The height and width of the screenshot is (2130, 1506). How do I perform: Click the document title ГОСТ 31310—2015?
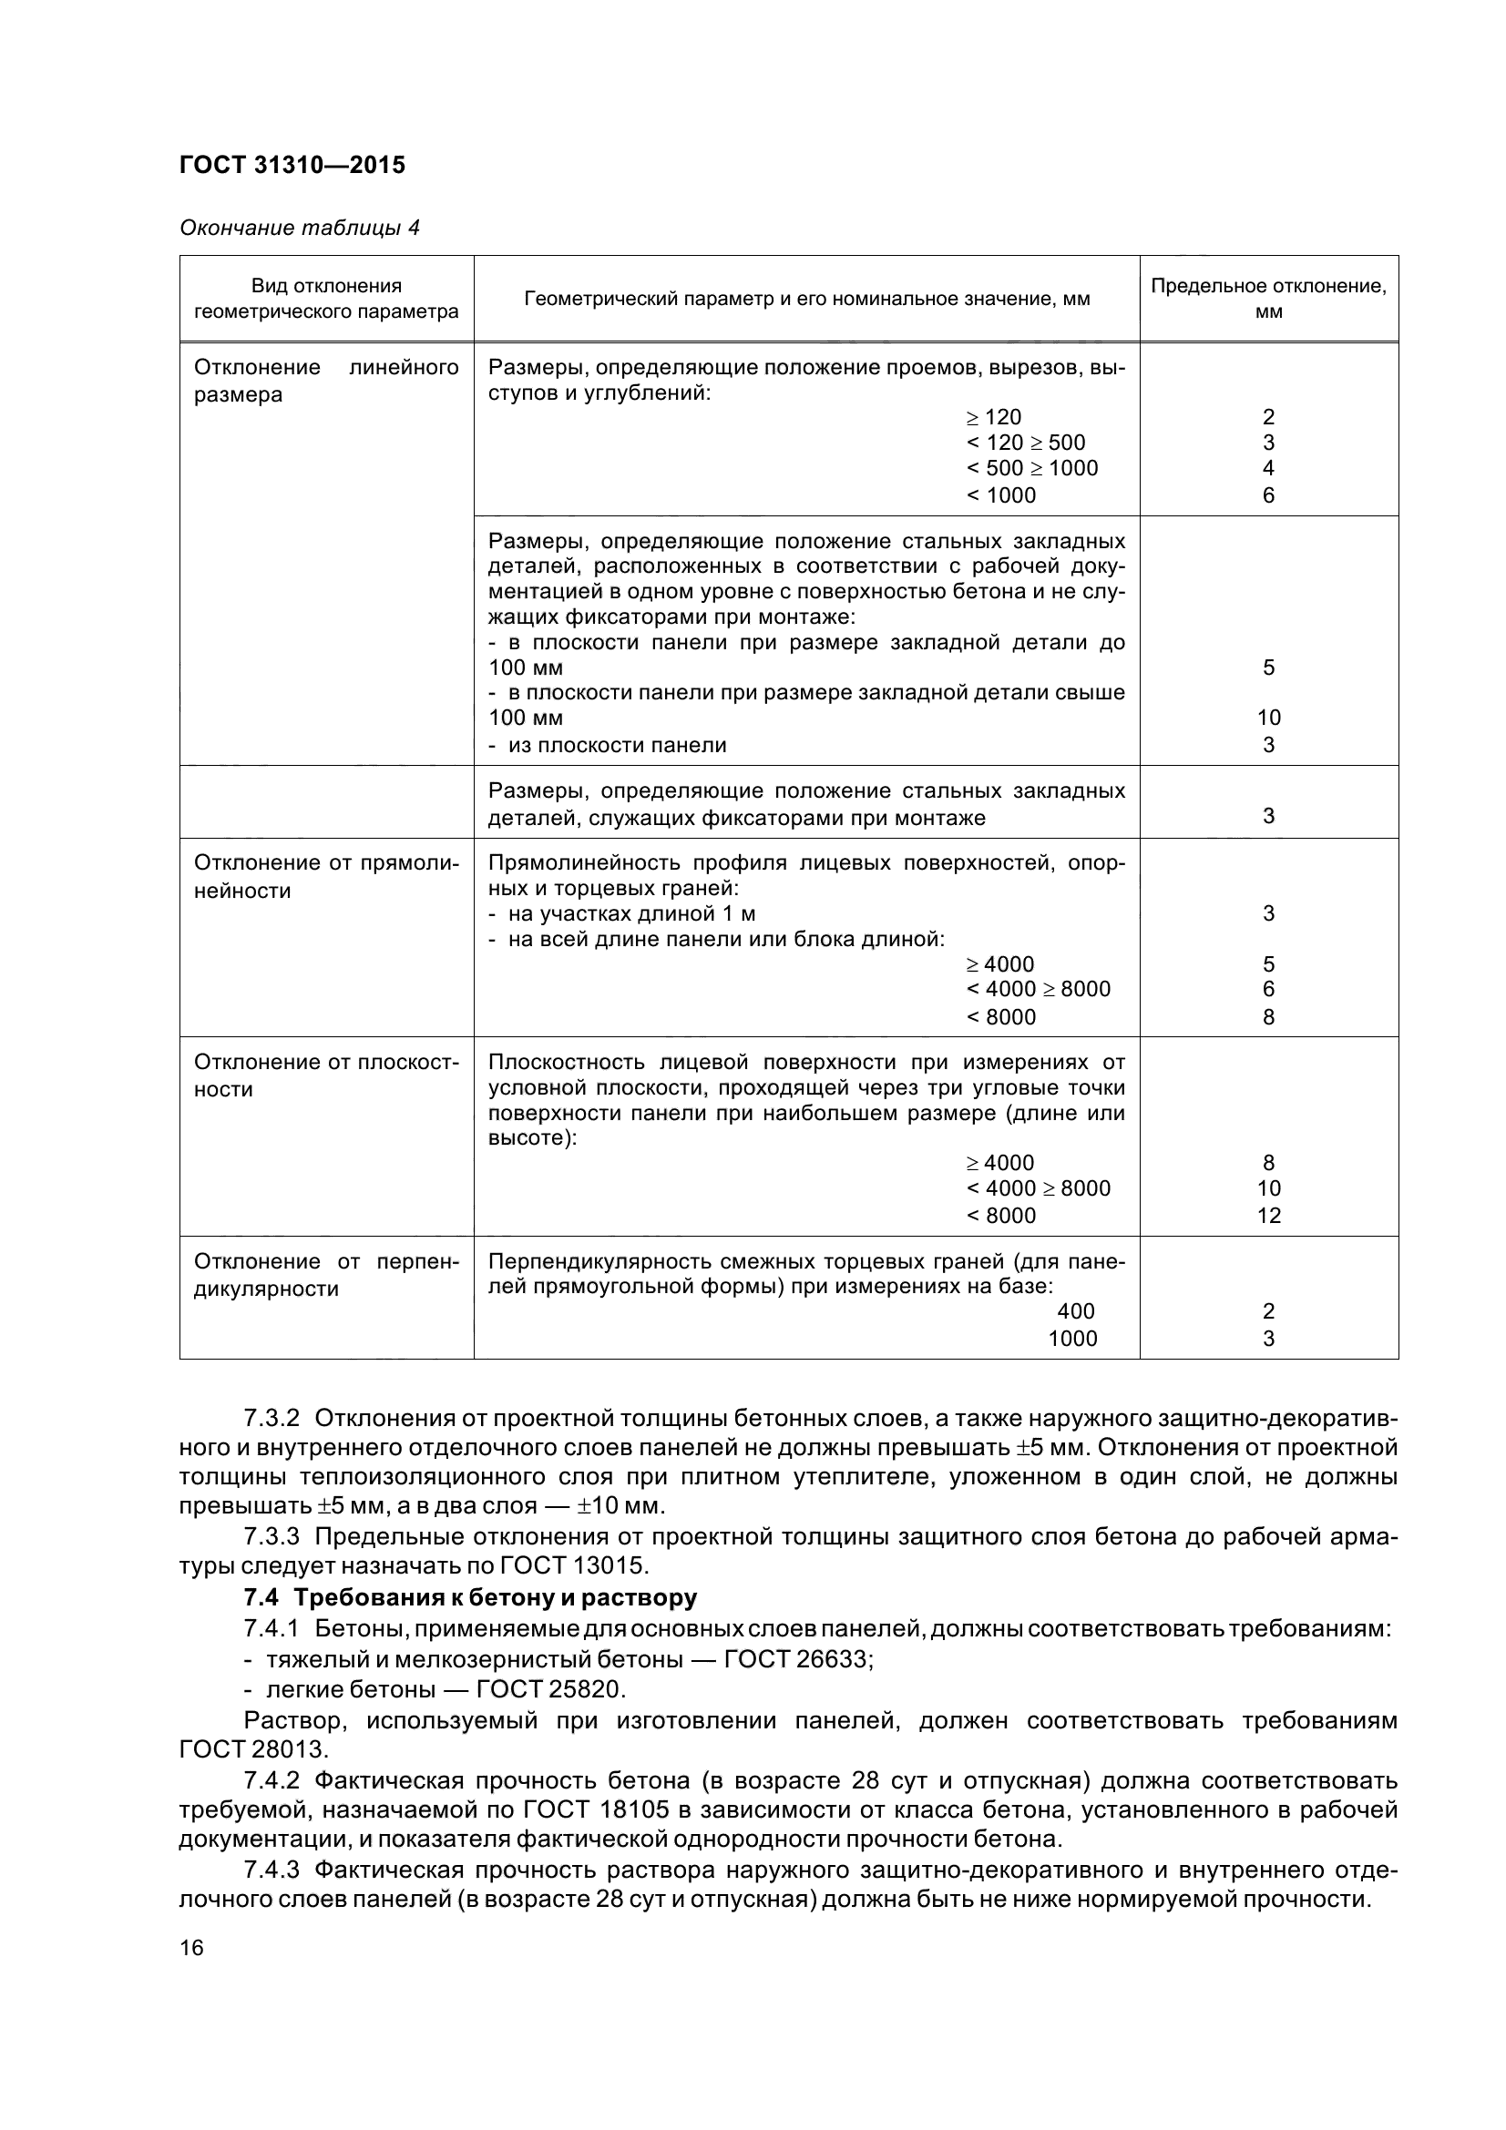coord(292,165)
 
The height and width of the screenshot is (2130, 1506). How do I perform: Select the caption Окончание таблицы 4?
coord(299,229)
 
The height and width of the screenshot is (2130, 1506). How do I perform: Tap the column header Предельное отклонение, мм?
coord(1267,298)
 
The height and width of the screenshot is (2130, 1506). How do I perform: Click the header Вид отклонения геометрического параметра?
coord(325,298)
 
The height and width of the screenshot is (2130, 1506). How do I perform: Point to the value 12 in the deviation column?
coord(1267,1216)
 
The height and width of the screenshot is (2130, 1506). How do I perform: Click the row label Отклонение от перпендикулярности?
coord(325,1275)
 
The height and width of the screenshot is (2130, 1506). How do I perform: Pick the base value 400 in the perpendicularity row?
coord(1075,1310)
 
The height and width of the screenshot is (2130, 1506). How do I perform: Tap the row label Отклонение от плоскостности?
coord(325,1075)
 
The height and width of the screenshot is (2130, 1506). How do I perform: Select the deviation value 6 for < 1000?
coord(1267,495)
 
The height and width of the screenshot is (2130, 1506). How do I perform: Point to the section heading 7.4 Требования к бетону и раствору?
coord(469,1597)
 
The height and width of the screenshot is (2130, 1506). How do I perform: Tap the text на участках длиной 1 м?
coord(631,913)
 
